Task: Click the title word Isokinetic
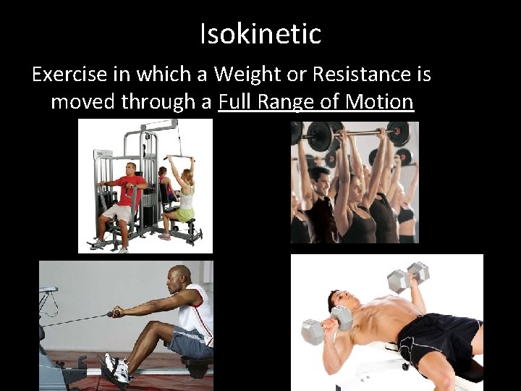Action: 260,33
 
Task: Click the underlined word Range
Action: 290,101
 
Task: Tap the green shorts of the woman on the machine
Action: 185,215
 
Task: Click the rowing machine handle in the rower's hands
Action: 115,314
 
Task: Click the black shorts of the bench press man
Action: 434,340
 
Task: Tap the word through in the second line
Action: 159,101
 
